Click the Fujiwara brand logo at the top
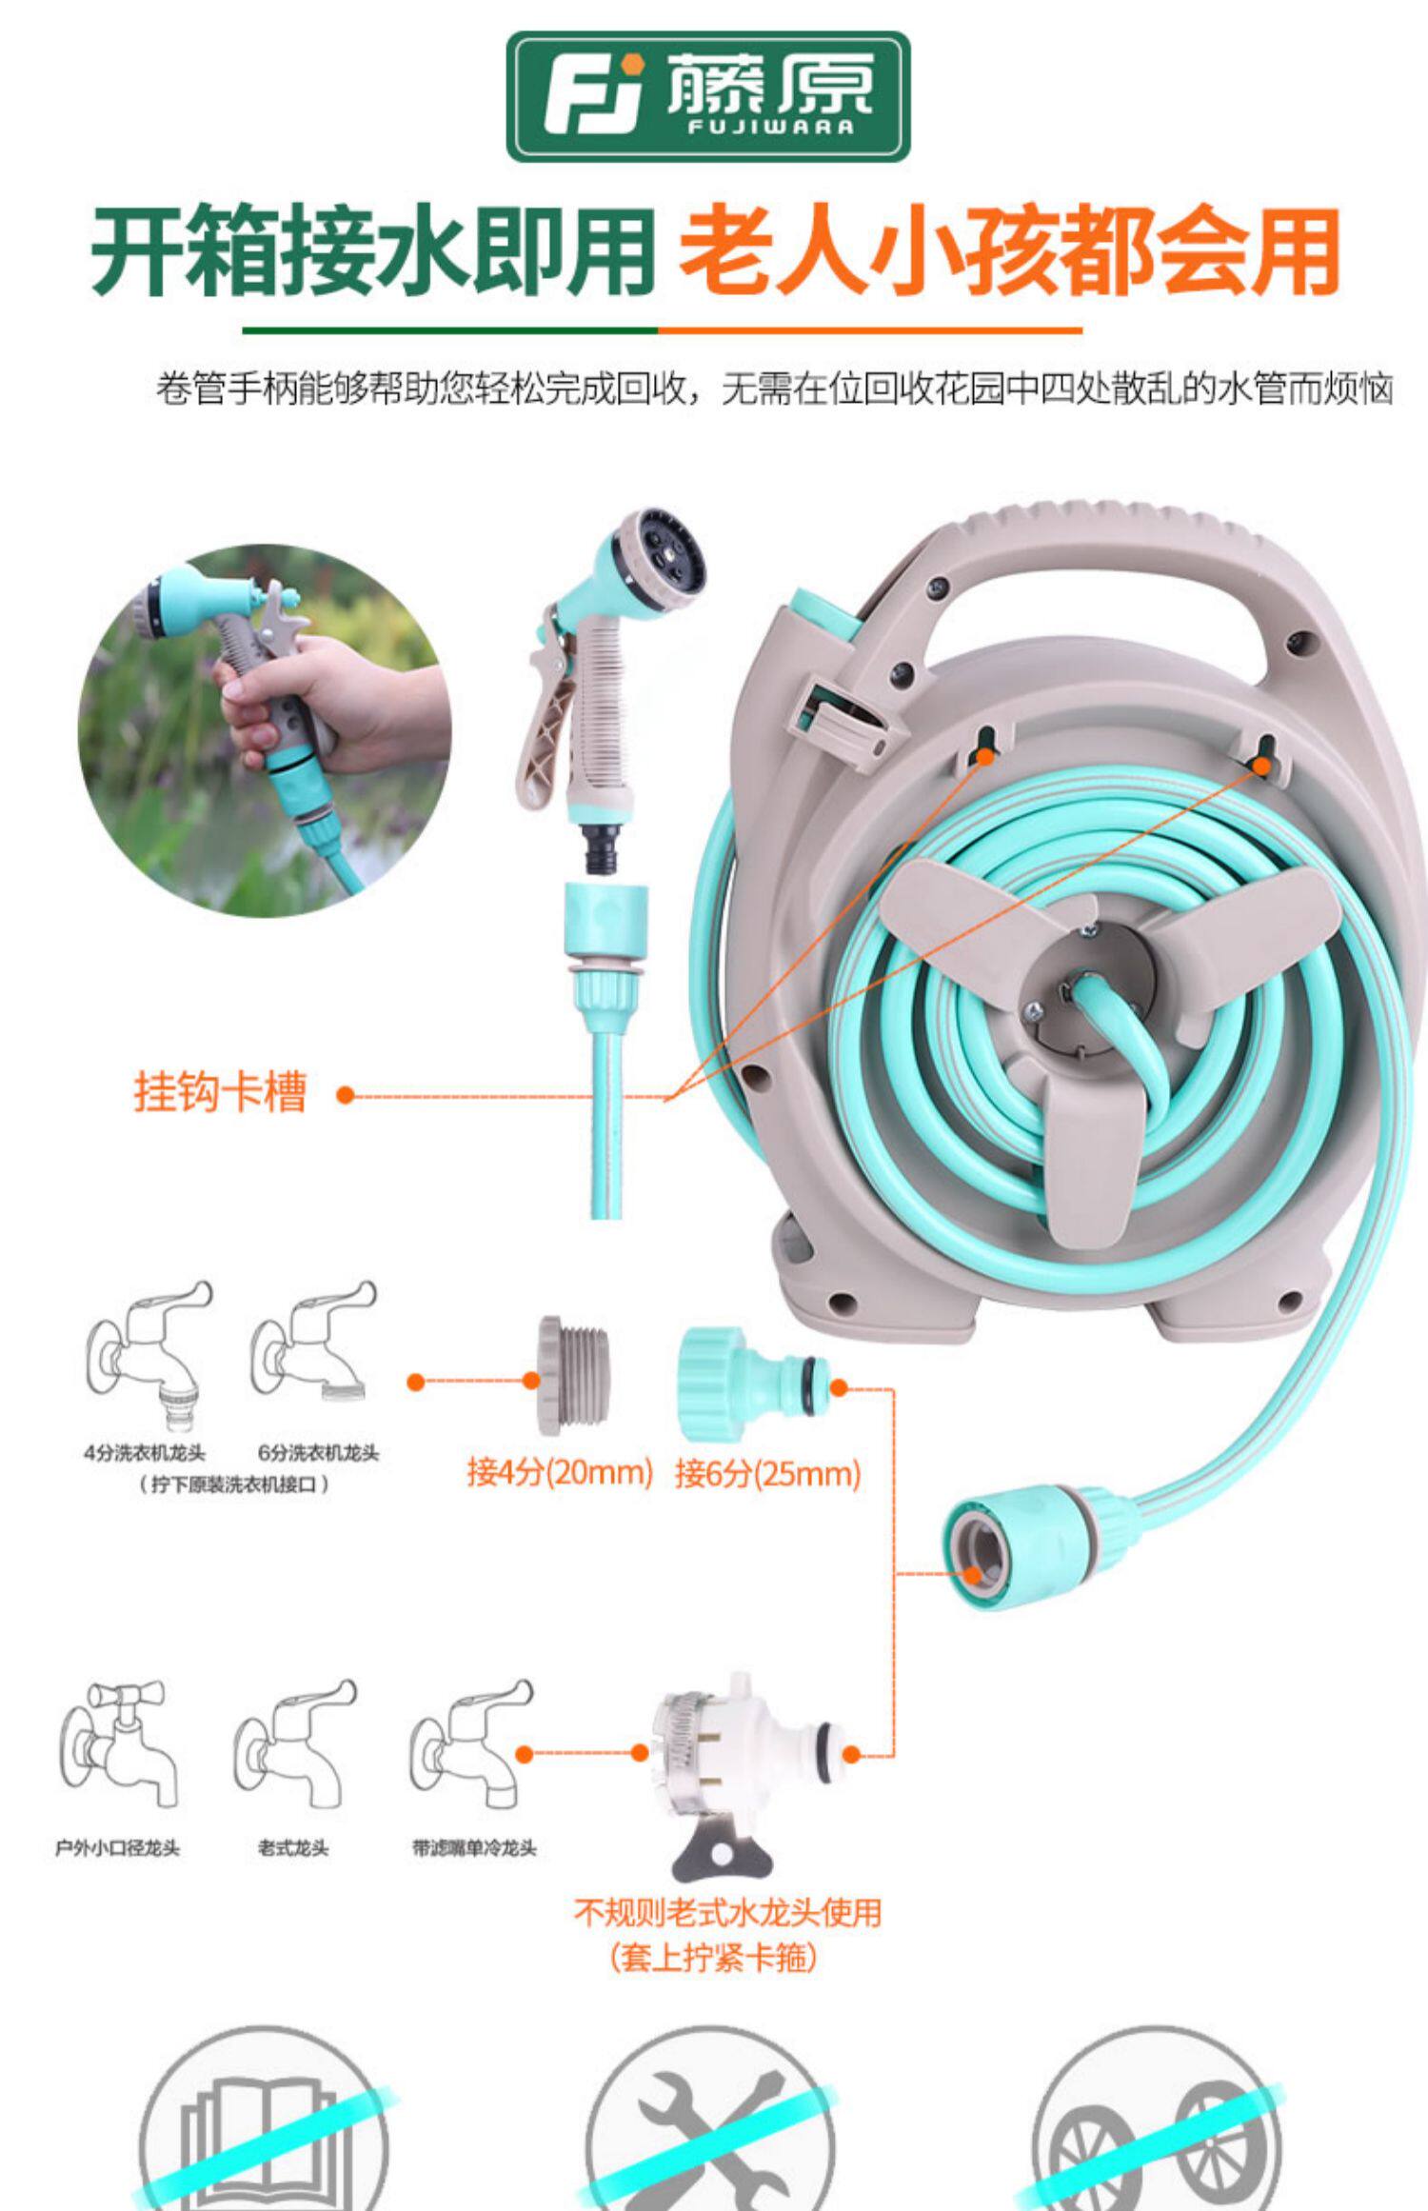click(x=707, y=96)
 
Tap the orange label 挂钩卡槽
click(x=220, y=1092)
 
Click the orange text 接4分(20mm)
click(x=560, y=1473)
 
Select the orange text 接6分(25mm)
click(x=767, y=1473)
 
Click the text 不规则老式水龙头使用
click(x=728, y=1912)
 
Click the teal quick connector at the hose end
click(x=1038, y=1548)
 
